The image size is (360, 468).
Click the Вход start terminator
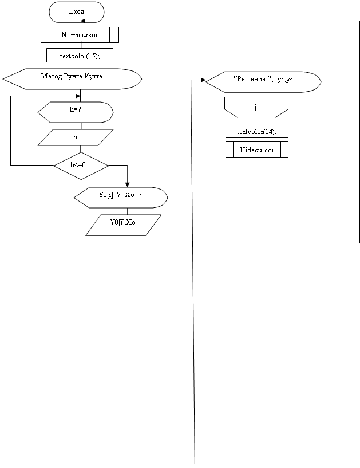(x=77, y=12)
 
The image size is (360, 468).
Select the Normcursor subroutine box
(x=80, y=35)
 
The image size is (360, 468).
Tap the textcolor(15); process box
(x=80, y=56)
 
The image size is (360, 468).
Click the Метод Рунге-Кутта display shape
(x=72, y=79)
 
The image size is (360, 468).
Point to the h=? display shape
(x=76, y=112)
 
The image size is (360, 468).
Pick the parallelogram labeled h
(x=76, y=137)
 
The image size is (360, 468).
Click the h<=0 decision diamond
(x=81, y=166)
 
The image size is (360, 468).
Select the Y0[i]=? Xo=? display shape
(x=121, y=198)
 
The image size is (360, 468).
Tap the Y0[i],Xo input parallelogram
(x=123, y=225)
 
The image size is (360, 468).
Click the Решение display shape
(x=263, y=82)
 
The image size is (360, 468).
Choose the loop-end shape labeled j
(x=256, y=107)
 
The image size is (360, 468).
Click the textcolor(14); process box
(x=257, y=131)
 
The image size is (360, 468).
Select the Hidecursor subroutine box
(x=257, y=150)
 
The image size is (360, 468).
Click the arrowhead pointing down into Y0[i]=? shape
(x=128, y=185)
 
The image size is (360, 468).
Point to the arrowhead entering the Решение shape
(x=203, y=80)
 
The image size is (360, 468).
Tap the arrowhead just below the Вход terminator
(x=83, y=21)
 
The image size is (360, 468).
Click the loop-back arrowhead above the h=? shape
(x=78, y=96)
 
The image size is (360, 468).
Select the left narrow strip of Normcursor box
(x=45, y=35)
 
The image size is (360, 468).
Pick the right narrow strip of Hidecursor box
(x=284, y=150)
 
